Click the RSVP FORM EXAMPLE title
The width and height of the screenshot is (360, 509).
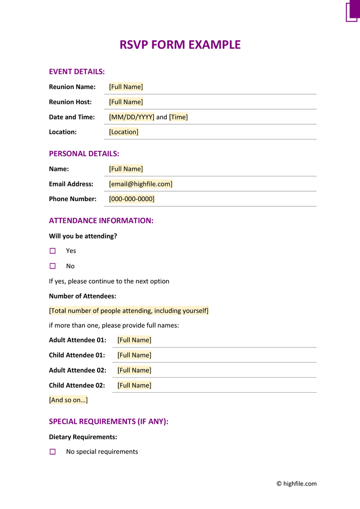point(180,45)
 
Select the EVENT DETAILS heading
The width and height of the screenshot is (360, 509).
point(77,72)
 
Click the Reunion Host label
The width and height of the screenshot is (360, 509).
point(70,102)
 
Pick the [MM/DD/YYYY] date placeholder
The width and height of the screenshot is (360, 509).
point(131,117)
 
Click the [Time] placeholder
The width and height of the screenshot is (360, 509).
point(178,117)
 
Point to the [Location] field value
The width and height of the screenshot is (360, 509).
point(124,132)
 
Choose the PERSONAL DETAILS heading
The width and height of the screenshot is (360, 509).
point(84,154)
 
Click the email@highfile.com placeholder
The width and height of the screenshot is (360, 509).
point(141,184)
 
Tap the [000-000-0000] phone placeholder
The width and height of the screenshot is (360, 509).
point(132,199)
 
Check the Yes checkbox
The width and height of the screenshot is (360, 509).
point(52,251)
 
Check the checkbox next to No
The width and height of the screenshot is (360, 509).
point(52,266)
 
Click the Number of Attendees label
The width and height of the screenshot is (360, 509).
point(82,296)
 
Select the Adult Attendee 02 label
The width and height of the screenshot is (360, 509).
point(77,370)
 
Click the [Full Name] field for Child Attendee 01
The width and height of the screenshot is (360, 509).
point(135,355)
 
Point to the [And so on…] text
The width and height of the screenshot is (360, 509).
point(68,400)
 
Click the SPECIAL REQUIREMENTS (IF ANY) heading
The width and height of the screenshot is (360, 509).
point(108,422)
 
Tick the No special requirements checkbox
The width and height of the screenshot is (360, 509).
point(52,452)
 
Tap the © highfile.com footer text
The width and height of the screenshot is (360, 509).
point(296,484)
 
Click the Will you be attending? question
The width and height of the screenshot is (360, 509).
point(83,236)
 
